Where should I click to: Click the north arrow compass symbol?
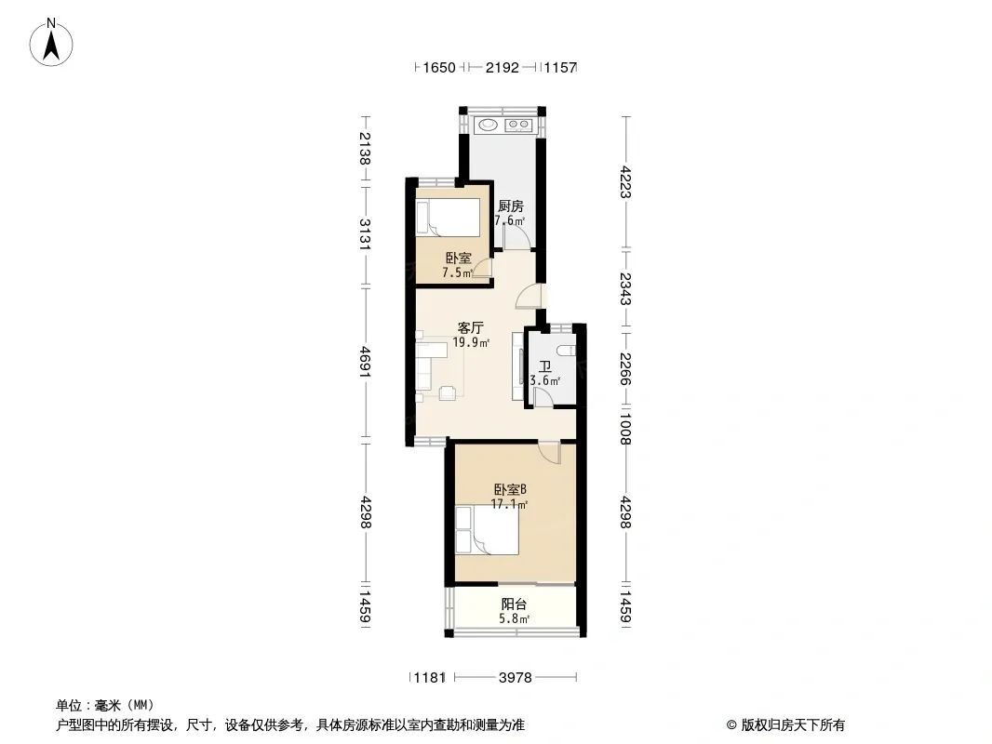pyautogui.click(x=51, y=43)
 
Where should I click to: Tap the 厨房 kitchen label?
pyautogui.click(x=511, y=206)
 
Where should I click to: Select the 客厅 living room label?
pyautogui.click(x=471, y=328)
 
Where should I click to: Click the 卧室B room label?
pyautogui.click(x=510, y=490)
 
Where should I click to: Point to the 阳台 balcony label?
pyautogui.click(x=514, y=604)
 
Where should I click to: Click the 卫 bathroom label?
pyautogui.click(x=544, y=366)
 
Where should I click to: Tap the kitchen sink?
pyautogui.click(x=488, y=125)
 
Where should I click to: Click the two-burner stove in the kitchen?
pyautogui.click(x=518, y=125)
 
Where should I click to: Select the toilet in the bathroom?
pyautogui.click(x=568, y=351)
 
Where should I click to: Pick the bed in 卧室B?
pyautogui.click(x=487, y=529)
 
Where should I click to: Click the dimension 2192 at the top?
pyautogui.click(x=503, y=67)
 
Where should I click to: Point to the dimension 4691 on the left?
pyautogui.click(x=365, y=362)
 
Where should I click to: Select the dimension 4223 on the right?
pyautogui.click(x=625, y=182)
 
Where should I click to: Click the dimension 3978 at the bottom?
pyautogui.click(x=515, y=678)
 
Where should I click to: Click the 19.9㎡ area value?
pyautogui.click(x=471, y=342)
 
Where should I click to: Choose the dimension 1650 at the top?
pyautogui.click(x=439, y=67)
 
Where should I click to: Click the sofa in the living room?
pyautogui.click(x=423, y=366)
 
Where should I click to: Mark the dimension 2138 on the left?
pyautogui.click(x=365, y=148)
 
